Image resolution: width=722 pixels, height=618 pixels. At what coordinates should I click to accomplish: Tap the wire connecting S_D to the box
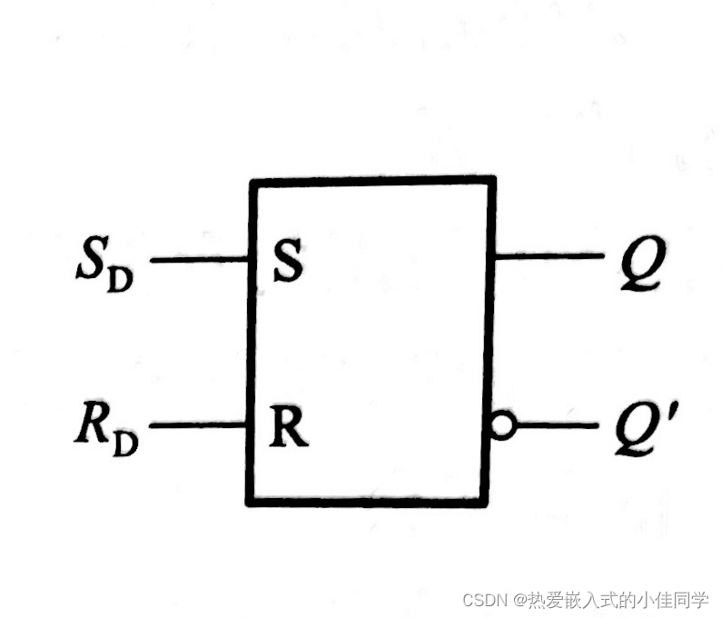[x=199, y=260]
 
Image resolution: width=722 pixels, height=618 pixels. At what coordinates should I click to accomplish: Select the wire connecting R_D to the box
[x=199, y=424]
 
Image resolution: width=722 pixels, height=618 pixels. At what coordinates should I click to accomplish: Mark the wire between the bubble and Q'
[x=557, y=424]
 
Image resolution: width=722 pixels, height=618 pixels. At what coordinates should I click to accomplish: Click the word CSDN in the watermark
[x=483, y=600]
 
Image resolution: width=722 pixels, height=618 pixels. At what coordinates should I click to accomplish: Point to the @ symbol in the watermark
[x=520, y=600]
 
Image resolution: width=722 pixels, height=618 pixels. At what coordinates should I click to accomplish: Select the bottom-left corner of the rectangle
[x=250, y=501]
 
